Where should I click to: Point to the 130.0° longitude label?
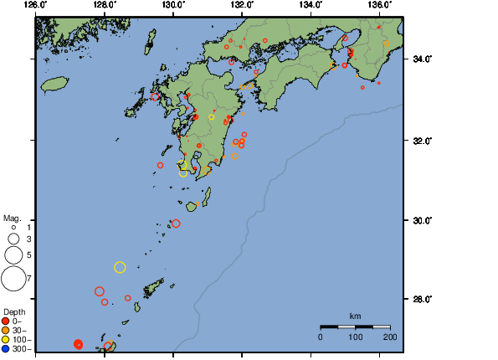click(173, 5)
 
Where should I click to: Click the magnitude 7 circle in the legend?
click(13, 277)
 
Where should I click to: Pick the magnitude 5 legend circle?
click(13, 254)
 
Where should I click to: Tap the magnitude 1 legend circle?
click(13, 227)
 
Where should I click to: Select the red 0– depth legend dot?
click(6, 321)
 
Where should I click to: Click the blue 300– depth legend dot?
click(6, 348)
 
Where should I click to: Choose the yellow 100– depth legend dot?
click(6, 339)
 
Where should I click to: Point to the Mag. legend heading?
click(13, 218)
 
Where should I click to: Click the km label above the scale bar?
click(355, 316)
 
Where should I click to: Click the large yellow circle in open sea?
click(120, 267)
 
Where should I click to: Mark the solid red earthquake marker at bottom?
click(78, 344)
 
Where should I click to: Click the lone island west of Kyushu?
click(54, 84)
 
